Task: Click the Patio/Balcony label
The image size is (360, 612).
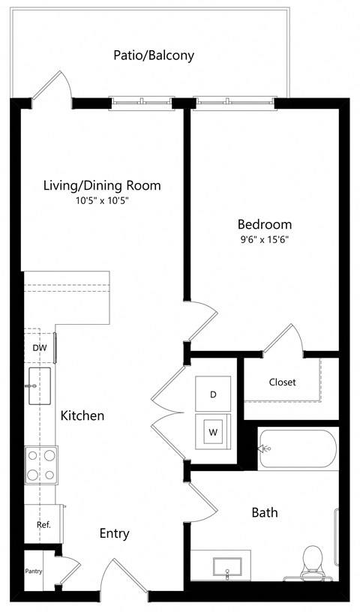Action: [154, 55]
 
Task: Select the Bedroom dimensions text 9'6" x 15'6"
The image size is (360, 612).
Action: [264, 240]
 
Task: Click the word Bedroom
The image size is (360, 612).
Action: [264, 224]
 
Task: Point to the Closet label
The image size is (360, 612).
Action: [282, 382]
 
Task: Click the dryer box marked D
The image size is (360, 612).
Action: [213, 394]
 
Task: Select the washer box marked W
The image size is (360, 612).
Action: [213, 431]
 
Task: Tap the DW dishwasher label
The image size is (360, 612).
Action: [39, 348]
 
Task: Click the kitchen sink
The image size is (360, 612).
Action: [40, 386]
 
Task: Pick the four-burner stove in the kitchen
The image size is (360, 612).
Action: [40, 465]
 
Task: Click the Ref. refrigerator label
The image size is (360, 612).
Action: [43, 525]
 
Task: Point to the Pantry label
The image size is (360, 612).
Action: [33, 571]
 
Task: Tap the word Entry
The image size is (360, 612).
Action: [115, 533]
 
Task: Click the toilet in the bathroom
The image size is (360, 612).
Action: [311, 562]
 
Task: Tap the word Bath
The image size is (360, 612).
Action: [265, 512]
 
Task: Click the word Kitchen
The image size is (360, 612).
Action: [82, 415]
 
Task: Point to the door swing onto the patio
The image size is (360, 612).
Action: [54, 86]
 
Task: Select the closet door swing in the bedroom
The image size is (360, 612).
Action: [285, 339]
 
